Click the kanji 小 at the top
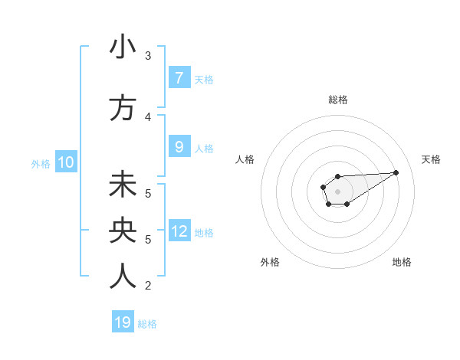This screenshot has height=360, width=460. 123,47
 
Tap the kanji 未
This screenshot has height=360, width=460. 123,185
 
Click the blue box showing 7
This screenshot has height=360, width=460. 179,77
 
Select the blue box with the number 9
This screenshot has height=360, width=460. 179,147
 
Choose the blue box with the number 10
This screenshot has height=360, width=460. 65,162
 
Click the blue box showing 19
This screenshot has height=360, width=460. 123,322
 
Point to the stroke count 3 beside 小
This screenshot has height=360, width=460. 148,56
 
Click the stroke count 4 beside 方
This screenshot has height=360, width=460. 148,116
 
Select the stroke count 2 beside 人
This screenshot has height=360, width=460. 148,286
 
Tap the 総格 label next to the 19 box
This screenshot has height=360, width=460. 147,324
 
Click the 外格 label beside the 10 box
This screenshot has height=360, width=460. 41,163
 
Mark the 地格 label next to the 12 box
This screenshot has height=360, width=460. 204,232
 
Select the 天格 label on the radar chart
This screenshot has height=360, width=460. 431,159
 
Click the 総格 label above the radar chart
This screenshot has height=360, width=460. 337,100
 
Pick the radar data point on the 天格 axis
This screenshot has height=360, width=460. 396,172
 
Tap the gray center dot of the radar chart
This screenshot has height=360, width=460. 337,190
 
